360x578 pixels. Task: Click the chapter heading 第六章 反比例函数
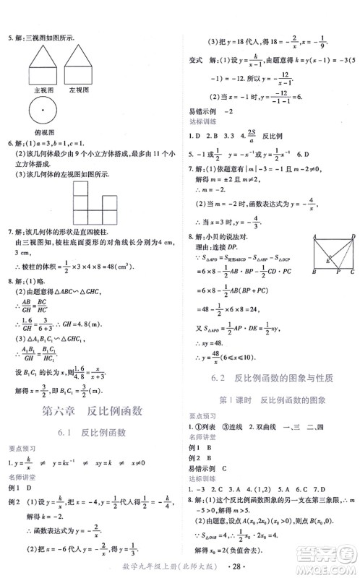90,412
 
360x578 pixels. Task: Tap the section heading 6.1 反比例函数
90,433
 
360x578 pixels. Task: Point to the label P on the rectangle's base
335,294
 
